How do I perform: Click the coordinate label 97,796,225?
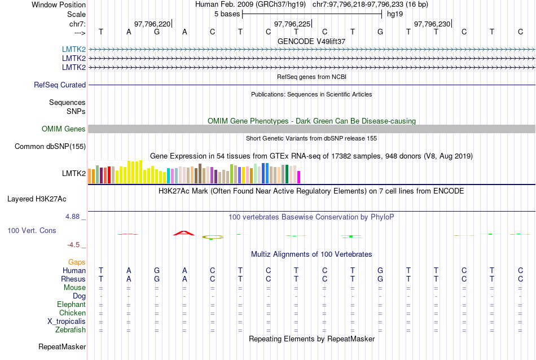(292, 24)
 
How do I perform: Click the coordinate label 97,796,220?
(152, 24)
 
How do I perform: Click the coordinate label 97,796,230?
(432, 24)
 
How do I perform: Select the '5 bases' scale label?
(227, 14)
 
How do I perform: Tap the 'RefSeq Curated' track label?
(60, 85)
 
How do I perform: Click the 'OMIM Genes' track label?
(64, 129)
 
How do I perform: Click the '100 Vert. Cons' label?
(32, 231)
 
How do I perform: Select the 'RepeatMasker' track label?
(62, 346)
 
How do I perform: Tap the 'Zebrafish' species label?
(71, 330)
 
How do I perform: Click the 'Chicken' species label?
(72, 313)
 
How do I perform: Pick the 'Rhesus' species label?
(73, 279)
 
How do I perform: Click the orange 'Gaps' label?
(77, 262)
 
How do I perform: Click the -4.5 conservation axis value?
(74, 245)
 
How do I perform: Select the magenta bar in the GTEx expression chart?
(299, 177)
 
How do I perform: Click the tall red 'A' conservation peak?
(184, 232)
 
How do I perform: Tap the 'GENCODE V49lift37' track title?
(311, 41)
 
